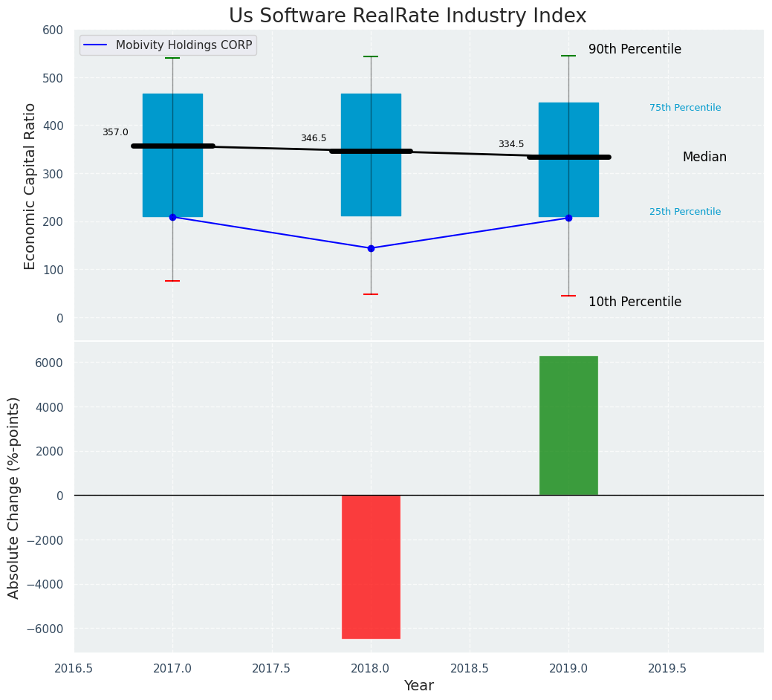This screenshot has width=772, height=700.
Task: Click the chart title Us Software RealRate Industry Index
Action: (x=407, y=16)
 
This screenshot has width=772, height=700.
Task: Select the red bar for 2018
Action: (x=371, y=566)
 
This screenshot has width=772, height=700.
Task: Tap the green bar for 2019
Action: (x=568, y=425)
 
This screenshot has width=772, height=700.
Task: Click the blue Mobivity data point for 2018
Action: (x=371, y=248)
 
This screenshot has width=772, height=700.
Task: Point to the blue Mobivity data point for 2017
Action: (x=172, y=217)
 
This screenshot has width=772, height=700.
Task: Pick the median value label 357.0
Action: (x=115, y=132)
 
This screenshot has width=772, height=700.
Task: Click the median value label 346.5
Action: (x=313, y=139)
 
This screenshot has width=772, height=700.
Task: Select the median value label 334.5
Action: (x=510, y=144)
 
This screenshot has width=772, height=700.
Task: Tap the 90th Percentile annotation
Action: (x=635, y=50)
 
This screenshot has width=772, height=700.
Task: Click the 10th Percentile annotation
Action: (x=635, y=302)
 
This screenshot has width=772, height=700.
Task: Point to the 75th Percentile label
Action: (x=684, y=108)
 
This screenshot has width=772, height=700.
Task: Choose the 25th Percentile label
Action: (x=684, y=212)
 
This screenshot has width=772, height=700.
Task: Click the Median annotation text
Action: (x=704, y=158)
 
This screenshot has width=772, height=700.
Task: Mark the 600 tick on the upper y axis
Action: (x=53, y=30)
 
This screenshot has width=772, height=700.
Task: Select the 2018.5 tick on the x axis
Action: (x=470, y=668)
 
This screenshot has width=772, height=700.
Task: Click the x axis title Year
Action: (x=419, y=686)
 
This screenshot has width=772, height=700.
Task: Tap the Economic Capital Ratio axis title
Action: (x=30, y=186)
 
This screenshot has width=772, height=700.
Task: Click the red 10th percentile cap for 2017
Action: (x=172, y=281)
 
